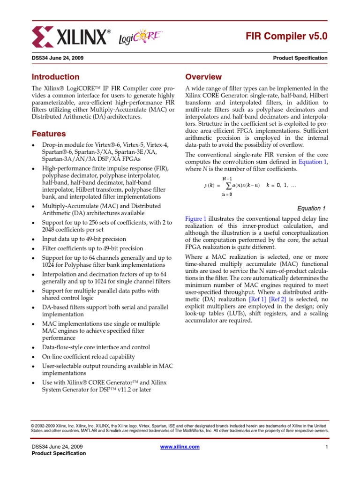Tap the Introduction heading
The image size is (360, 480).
tap(55, 77)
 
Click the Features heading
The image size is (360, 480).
tap(48, 134)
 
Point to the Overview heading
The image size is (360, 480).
tap(203, 77)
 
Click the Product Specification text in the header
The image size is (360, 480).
tap(300, 58)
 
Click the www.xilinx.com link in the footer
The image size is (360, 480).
tap(180, 447)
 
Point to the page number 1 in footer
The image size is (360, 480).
tap(326, 447)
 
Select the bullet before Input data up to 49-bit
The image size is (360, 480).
tap(33, 239)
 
